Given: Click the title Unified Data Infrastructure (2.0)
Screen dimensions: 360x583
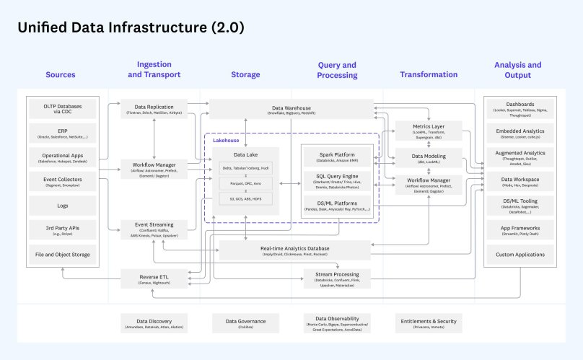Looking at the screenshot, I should [x=131, y=28].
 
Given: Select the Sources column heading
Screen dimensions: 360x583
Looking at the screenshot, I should [x=60, y=74].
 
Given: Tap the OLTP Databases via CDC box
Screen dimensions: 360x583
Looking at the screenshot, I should [x=63, y=110].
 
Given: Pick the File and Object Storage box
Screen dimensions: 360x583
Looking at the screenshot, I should [x=63, y=254].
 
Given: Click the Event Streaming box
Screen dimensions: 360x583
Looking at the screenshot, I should [x=154, y=228].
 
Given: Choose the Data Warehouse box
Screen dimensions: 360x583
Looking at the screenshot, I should [x=291, y=110].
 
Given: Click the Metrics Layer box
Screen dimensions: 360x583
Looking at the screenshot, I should [x=429, y=131].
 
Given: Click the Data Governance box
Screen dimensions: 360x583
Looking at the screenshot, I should [x=245, y=323].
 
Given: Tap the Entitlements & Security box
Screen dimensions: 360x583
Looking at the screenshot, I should [x=429, y=322].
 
